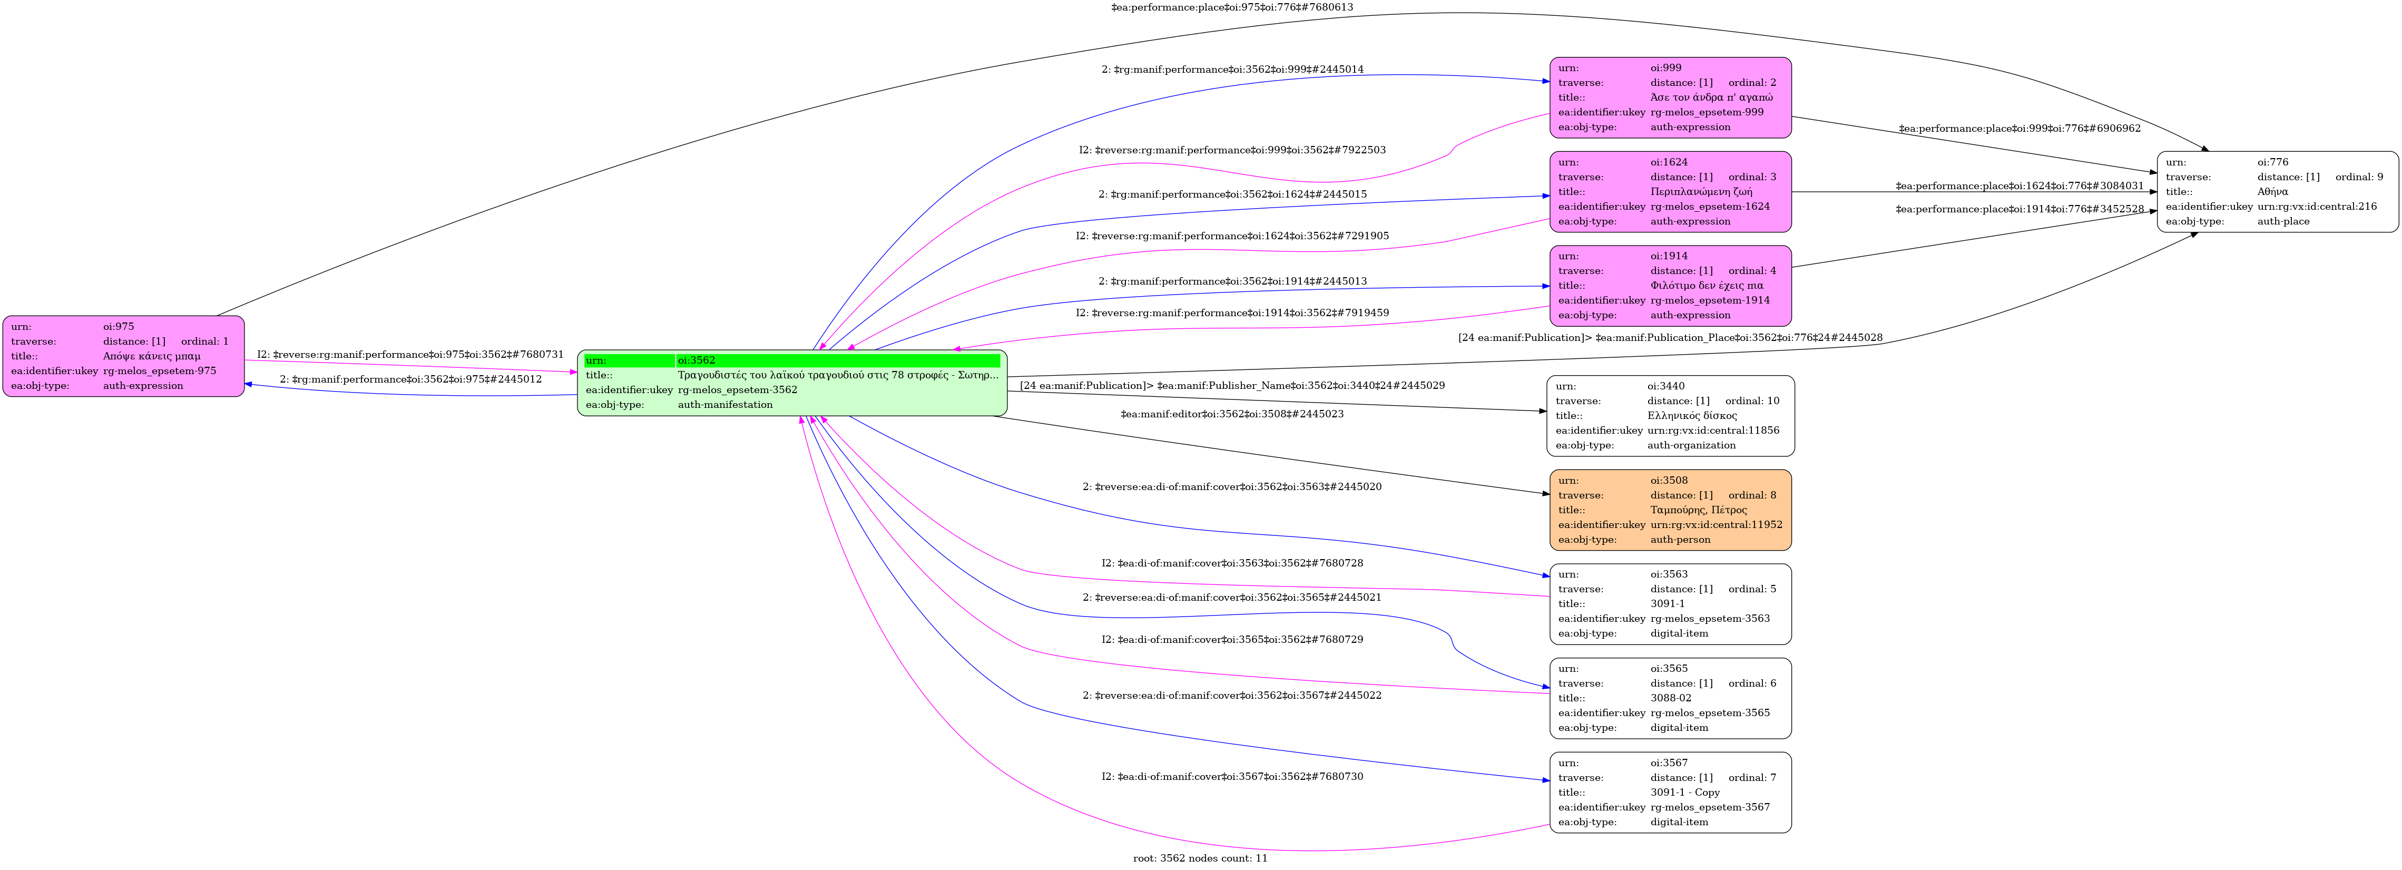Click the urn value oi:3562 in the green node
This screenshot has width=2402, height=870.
pyautogui.click(x=697, y=360)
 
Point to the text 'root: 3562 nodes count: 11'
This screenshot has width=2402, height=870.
pyautogui.click(x=1200, y=858)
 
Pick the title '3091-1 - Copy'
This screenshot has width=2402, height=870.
pyautogui.click(x=1685, y=793)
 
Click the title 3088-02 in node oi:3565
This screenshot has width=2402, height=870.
pyautogui.click(x=1670, y=698)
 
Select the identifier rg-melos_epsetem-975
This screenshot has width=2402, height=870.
pyautogui.click(x=160, y=371)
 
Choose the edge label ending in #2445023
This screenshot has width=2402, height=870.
pyautogui.click(x=1232, y=414)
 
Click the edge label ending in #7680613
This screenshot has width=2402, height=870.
pyautogui.click(x=1232, y=7)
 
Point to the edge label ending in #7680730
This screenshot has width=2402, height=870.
pyautogui.click(x=1232, y=777)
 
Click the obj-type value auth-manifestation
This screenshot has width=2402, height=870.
pyautogui.click(x=724, y=405)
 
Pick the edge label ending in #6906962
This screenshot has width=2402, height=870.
pyautogui.click(x=2019, y=129)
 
